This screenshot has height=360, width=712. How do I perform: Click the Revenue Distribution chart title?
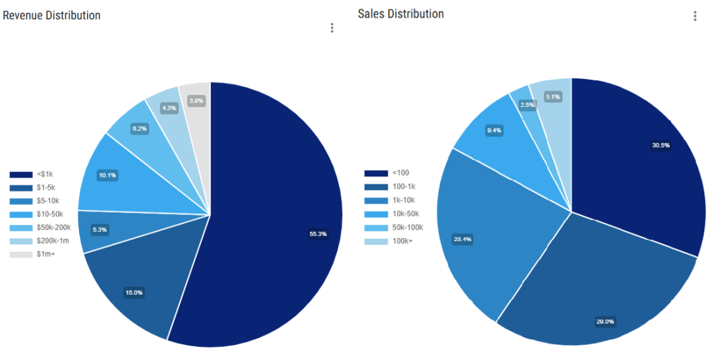click(x=52, y=15)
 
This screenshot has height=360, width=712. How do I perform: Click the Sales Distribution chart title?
click(x=401, y=14)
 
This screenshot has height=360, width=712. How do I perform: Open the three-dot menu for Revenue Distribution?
click(x=332, y=28)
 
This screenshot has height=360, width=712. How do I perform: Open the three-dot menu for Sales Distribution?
click(x=695, y=16)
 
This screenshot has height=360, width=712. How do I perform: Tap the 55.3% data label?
click(x=318, y=233)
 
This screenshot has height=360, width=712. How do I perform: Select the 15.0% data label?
click(x=134, y=293)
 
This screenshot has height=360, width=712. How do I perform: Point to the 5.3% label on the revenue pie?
click(x=100, y=229)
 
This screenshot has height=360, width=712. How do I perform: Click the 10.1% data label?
click(x=107, y=175)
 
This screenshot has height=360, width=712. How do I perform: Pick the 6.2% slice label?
click(x=139, y=129)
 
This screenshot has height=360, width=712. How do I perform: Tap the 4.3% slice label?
click(x=169, y=108)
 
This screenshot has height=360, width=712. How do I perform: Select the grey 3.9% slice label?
click(x=196, y=101)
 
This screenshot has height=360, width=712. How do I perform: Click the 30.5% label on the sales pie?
click(x=660, y=146)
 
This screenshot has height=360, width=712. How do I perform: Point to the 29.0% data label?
click(x=605, y=321)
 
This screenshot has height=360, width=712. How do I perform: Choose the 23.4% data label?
click(x=462, y=239)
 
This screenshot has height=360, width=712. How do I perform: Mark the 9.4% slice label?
click(x=494, y=131)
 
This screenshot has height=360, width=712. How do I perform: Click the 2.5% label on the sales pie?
click(x=527, y=105)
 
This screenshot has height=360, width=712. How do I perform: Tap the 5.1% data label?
click(x=553, y=98)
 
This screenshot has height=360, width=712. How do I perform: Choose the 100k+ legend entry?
click(x=389, y=241)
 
